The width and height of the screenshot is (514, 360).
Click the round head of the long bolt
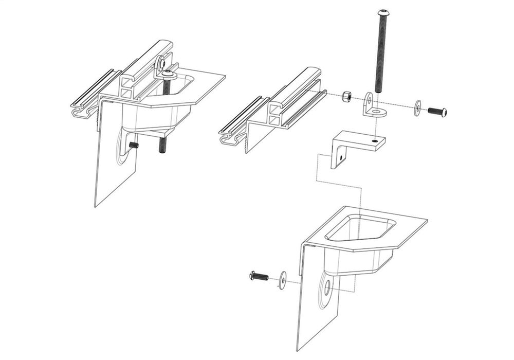tap(382, 12)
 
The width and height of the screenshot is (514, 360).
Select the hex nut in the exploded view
tap(346, 96)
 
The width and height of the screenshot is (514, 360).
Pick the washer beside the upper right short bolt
tap(417, 106)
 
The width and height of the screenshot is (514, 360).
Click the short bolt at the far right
tap(437, 111)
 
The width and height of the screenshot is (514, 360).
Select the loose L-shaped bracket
tap(355, 144)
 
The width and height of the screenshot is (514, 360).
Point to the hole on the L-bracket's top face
tap(375, 140)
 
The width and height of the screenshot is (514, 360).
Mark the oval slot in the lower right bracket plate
tap(327, 289)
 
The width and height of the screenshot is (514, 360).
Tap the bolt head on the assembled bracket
tap(168, 75)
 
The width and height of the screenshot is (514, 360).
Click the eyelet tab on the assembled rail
tap(162, 62)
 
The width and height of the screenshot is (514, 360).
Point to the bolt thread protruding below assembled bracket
tap(162, 146)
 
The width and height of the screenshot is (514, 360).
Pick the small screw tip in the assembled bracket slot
tap(134, 146)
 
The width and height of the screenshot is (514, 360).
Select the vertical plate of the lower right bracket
tap(314, 314)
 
